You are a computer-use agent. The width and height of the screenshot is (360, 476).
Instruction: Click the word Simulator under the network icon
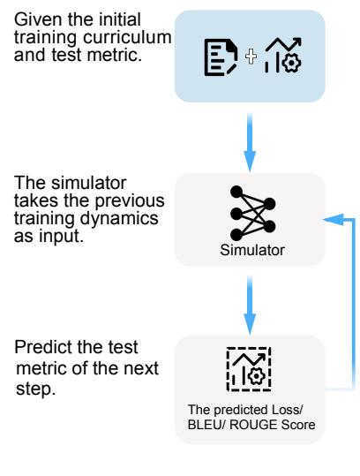[252, 250]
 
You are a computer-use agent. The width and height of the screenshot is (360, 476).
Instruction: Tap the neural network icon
[252, 214]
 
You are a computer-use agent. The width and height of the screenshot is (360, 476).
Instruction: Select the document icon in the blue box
[221, 57]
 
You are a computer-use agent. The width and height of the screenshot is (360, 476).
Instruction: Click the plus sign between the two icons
[251, 57]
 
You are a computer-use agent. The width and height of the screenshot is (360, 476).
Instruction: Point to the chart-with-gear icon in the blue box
[283, 55]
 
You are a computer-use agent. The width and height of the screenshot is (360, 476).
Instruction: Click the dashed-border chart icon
[249, 369]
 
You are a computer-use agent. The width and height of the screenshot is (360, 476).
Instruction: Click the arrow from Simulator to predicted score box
[250, 306]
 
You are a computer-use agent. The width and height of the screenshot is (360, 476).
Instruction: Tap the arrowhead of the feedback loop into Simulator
[333, 220]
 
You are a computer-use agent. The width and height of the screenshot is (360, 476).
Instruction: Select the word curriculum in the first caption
[127, 37]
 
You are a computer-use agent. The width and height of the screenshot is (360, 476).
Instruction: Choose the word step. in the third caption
[36, 389]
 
